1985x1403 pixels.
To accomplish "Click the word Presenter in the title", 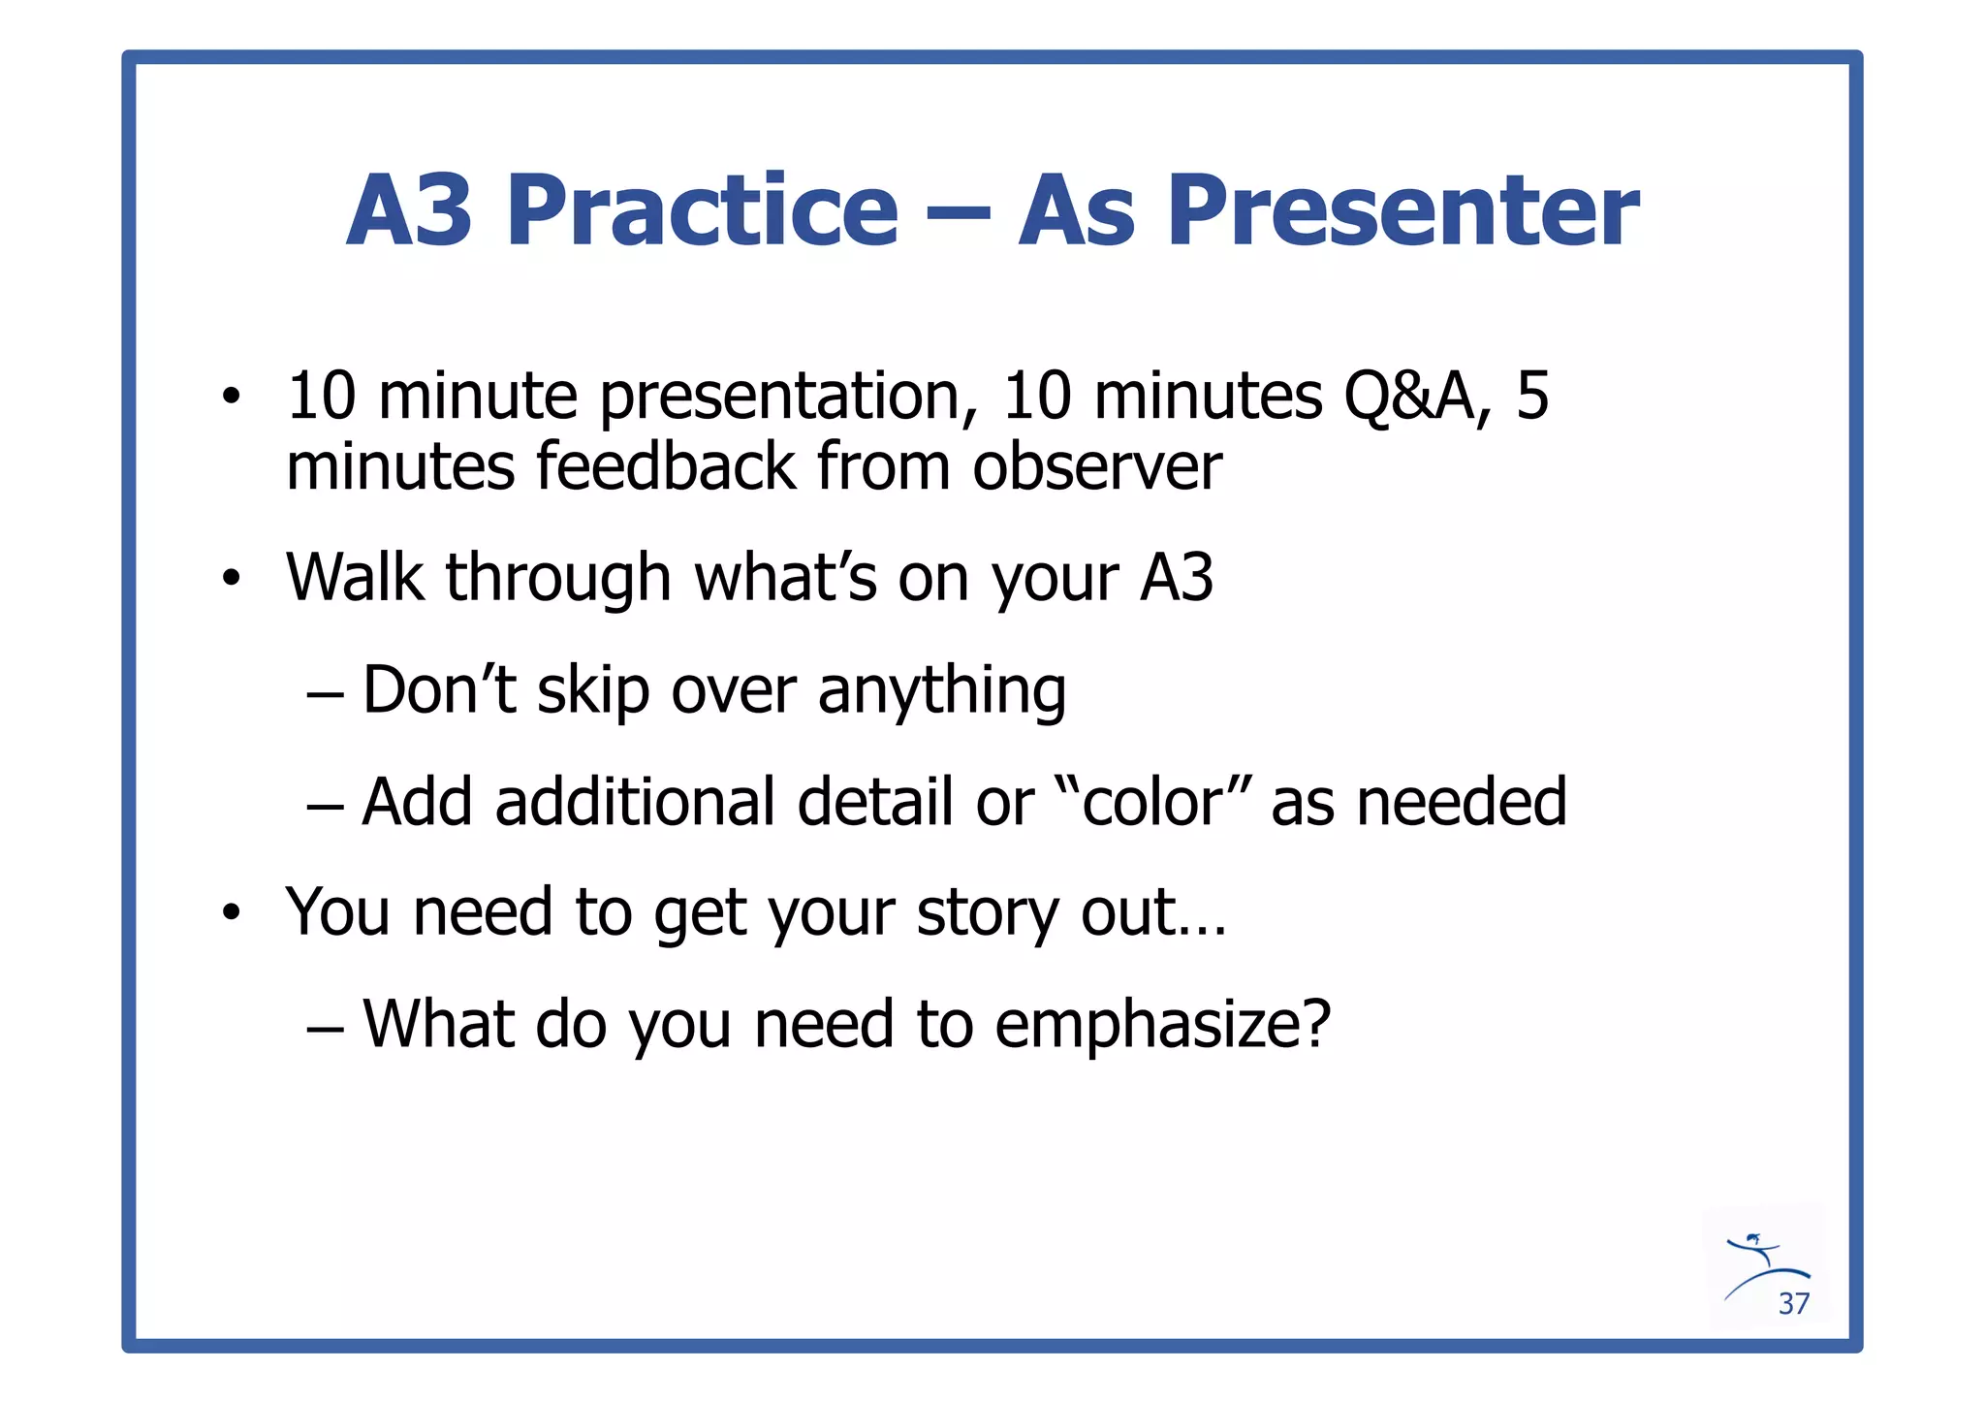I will click(x=1402, y=210).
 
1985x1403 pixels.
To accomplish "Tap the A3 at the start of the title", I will click(x=410, y=210).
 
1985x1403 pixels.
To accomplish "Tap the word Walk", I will click(x=355, y=578).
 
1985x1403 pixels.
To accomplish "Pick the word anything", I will click(x=941, y=691).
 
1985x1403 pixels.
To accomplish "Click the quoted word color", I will click(x=1153, y=803).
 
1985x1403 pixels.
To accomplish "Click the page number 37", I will click(x=1793, y=1304).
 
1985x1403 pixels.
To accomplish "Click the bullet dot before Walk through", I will click(x=230, y=579).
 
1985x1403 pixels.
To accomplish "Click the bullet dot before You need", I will click(x=230, y=913).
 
